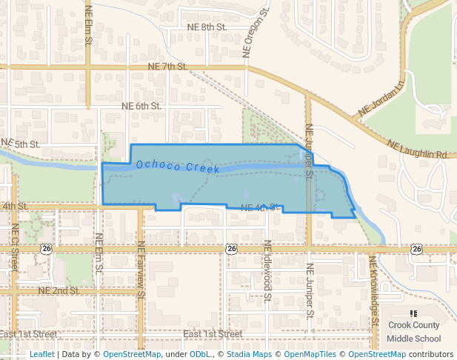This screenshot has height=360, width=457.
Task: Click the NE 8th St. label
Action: pos(206,27)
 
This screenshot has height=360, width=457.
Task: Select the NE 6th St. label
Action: pos(141,107)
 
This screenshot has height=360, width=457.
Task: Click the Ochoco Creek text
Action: pos(178,167)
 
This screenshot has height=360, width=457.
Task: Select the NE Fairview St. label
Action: pos(140,267)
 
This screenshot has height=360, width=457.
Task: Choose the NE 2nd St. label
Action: pos(59,290)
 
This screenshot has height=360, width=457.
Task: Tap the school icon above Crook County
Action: pos(413,314)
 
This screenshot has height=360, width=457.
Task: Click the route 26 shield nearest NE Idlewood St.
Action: pos(232,249)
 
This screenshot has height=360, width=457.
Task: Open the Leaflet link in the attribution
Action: pos(41,355)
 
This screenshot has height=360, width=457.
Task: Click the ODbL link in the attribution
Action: pos(200,355)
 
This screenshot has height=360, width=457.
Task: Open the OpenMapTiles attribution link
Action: pos(311,355)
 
